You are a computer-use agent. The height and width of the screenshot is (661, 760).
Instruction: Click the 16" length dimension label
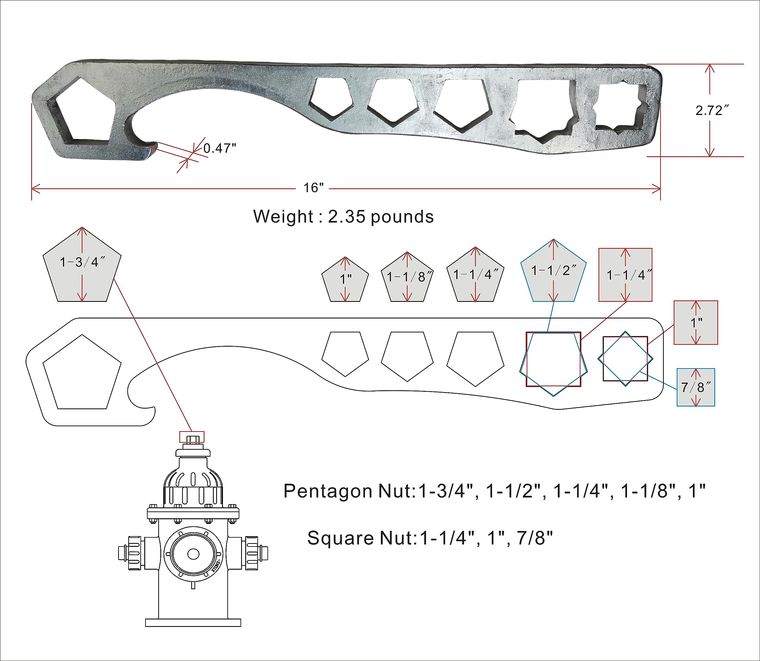(x=313, y=188)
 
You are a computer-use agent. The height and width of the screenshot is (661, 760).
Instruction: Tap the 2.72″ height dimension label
(x=712, y=110)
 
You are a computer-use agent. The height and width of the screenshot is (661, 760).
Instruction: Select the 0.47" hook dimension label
(x=219, y=148)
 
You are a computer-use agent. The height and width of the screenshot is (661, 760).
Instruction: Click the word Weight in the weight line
(x=283, y=216)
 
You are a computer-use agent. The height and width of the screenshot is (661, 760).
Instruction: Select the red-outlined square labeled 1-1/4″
(x=625, y=275)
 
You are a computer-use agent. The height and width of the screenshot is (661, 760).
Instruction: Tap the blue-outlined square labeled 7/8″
(x=696, y=387)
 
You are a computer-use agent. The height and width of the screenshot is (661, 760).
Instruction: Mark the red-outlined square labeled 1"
(x=696, y=322)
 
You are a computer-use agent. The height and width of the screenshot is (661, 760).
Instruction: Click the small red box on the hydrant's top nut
(x=192, y=437)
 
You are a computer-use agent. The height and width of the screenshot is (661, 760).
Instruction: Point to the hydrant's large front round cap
(x=193, y=554)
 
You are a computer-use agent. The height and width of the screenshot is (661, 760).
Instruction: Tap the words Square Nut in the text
(x=362, y=538)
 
